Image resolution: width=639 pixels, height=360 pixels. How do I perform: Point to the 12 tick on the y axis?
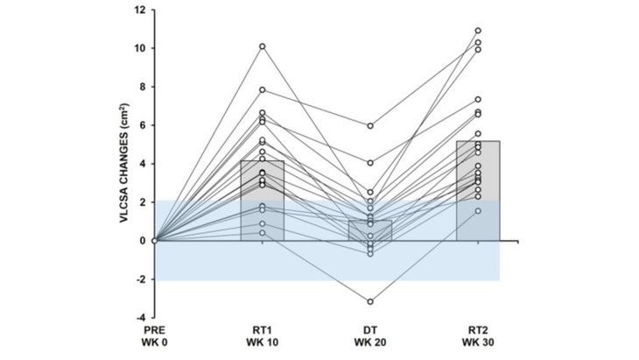[x=141, y=11]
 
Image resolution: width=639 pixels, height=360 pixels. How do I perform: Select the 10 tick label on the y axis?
[x=141, y=48]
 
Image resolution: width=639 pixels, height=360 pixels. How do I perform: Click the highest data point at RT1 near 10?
[x=263, y=46]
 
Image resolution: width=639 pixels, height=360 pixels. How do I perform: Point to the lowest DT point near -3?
[x=371, y=301]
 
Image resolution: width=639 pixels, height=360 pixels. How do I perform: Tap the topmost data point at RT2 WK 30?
[x=478, y=31]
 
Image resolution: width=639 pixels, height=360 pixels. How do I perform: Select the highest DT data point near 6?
[x=371, y=126]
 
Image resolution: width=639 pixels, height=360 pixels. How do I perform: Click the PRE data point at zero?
[x=155, y=240]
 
